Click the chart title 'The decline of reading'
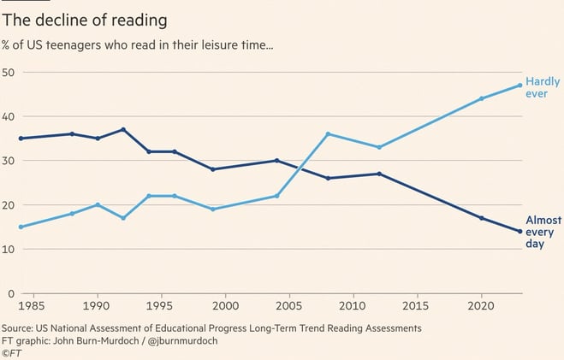pyautogui.click(x=84, y=18)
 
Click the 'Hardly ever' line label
pyautogui.click(x=543, y=87)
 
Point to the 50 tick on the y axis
pyautogui.click(x=9, y=72)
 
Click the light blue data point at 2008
pyautogui.click(x=328, y=134)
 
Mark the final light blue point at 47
pyautogui.click(x=519, y=85)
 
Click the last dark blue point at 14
pyautogui.click(x=519, y=232)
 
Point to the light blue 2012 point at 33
pyautogui.click(x=379, y=147)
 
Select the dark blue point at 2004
pyautogui.click(x=276, y=161)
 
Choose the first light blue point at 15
pyautogui.click(x=21, y=227)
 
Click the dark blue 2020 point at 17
pyautogui.click(x=481, y=218)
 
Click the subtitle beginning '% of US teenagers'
pyautogui.click(x=149, y=45)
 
